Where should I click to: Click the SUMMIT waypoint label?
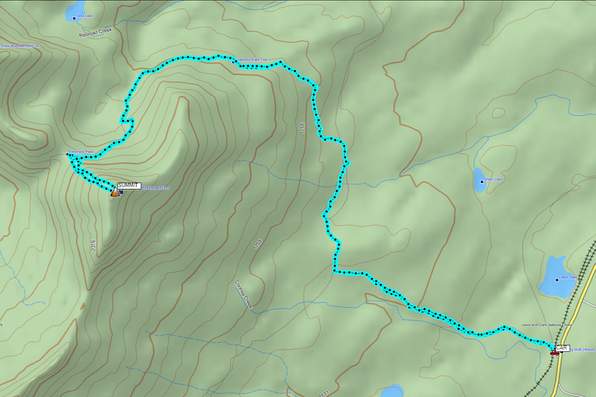(x=128, y=186)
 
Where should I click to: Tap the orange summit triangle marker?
(x=115, y=192)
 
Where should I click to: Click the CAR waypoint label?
(x=562, y=348)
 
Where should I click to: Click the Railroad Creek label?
(x=96, y=32)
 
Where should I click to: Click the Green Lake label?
(x=493, y=179)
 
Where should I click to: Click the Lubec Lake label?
(x=568, y=279)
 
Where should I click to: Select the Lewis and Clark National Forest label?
(x=546, y=325)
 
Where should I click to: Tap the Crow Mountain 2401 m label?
(x=20, y=46)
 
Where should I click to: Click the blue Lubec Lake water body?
(x=554, y=277)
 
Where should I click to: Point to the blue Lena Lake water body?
(x=73, y=11)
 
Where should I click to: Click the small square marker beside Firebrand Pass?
(x=68, y=154)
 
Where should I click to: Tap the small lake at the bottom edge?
(x=392, y=391)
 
